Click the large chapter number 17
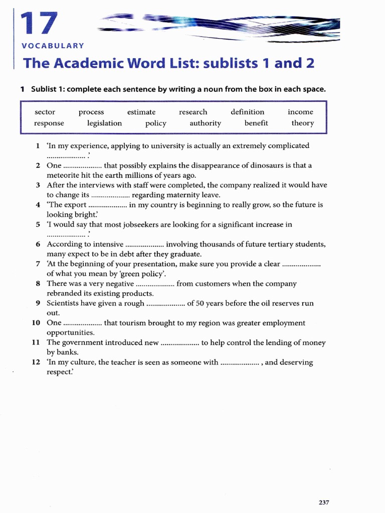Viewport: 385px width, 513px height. coord(39,26)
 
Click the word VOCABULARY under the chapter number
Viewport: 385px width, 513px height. coord(53,46)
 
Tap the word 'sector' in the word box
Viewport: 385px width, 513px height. coord(45,112)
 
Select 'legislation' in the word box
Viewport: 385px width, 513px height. coord(104,123)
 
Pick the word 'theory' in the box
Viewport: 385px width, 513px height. coord(303,123)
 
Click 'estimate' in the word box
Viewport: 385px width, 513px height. coord(141,112)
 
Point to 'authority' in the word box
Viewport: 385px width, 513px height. coord(205,123)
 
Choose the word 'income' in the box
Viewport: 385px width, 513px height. coord(300,112)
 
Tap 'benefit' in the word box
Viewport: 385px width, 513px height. coord(256,123)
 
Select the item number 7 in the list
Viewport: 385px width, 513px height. coord(38,264)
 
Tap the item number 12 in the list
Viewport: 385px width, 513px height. coord(36,362)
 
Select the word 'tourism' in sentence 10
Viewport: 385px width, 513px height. coord(132,323)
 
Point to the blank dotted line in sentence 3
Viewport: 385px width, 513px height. coord(110,195)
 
